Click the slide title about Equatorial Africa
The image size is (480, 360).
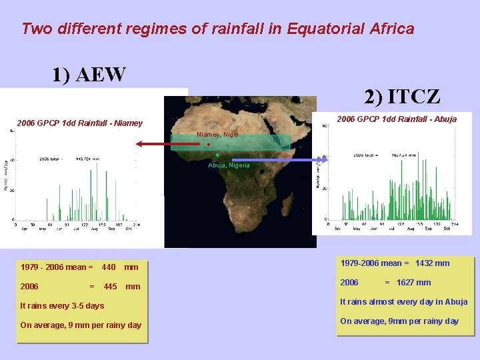[217, 29]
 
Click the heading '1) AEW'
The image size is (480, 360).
[89, 75]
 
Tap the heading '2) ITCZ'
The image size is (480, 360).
[402, 97]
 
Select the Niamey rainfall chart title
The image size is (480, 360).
[79, 123]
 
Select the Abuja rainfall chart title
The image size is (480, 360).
[397, 119]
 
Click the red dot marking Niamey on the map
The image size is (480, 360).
[209, 144]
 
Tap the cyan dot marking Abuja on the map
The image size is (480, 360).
[217, 155]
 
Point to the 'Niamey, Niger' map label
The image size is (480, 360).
[217, 135]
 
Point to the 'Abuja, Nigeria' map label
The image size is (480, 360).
[229, 165]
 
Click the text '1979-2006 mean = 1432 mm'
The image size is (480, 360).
[395, 263]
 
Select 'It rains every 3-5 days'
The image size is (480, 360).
[62, 306]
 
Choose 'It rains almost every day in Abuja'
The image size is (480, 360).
[403, 302]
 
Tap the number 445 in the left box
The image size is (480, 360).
[110, 287]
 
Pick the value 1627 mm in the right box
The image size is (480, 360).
[413, 283]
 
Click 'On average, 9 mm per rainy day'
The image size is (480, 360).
[81, 325]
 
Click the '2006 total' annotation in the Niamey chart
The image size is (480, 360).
[69, 159]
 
